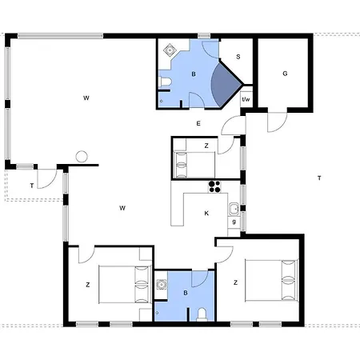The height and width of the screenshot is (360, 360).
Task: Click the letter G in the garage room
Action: [x=284, y=73]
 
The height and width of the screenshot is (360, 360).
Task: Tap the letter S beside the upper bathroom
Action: [x=238, y=57]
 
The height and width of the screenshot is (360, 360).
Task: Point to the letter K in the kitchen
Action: [x=206, y=213]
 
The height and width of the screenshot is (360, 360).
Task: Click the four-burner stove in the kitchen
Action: [x=214, y=188]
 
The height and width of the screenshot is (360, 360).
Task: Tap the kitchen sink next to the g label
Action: [x=233, y=210]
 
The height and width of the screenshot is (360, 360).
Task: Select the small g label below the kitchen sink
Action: [x=234, y=222]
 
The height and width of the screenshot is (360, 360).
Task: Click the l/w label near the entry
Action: [x=246, y=99]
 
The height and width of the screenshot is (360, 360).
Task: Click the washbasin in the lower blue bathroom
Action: [x=162, y=283]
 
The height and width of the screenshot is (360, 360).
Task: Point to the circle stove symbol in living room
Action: [x=80, y=157]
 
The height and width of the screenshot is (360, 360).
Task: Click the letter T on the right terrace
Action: [x=319, y=178]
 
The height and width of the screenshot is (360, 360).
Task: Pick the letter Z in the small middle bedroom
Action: [x=206, y=146]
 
